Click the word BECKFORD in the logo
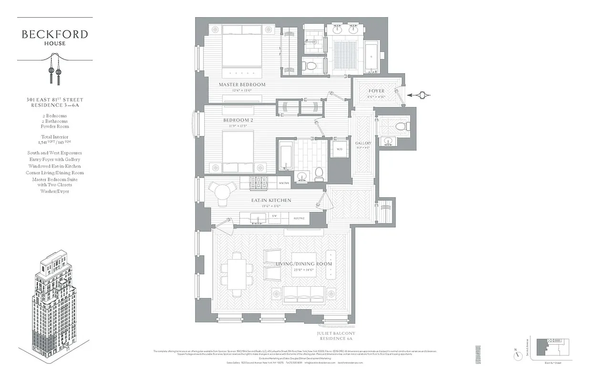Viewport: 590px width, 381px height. click(55, 34)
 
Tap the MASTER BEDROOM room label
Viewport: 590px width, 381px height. click(242, 85)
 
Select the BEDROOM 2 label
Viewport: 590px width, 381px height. click(238, 120)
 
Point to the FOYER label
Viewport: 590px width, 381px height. click(376, 91)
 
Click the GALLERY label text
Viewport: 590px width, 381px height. click(363, 143)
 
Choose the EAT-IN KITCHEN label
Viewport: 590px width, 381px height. click(271, 201)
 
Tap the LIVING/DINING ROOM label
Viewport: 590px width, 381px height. click(303, 264)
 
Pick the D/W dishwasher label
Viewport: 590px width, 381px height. click(274, 216)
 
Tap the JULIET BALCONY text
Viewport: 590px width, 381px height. click(336, 333)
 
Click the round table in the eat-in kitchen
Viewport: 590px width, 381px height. click(223, 192)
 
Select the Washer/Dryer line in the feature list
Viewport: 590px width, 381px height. click(55, 191)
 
